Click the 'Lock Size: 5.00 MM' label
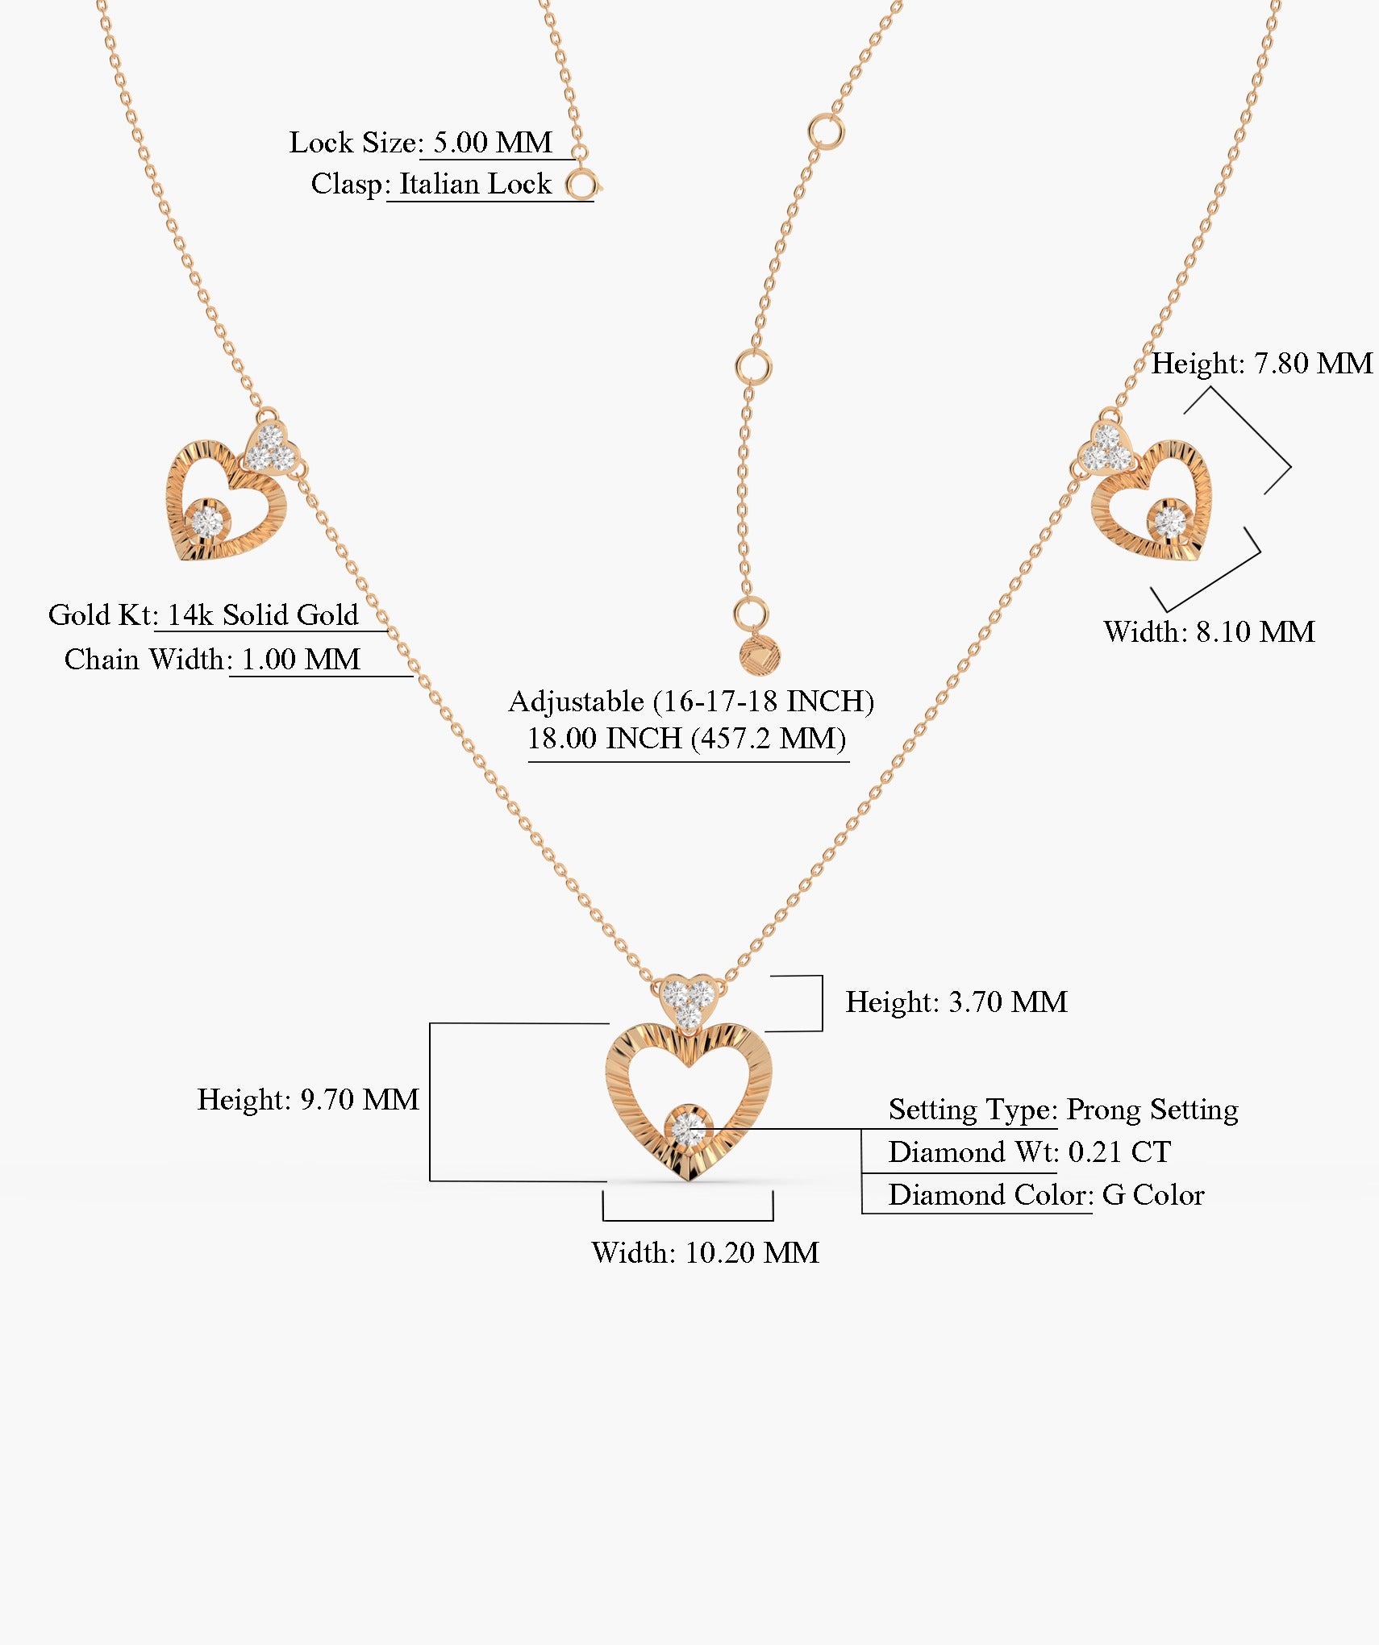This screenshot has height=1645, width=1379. [x=421, y=143]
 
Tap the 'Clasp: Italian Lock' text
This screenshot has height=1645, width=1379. [x=431, y=184]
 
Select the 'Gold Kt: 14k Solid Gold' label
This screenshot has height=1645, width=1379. [x=203, y=614]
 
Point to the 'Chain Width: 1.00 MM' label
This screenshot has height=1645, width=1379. [x=212, y=659]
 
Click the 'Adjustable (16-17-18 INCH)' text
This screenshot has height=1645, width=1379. [x=691, y=701]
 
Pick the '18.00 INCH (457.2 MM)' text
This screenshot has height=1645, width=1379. [x=686, y=738]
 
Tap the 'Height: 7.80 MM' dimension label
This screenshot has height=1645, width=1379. [x=1261, y=363]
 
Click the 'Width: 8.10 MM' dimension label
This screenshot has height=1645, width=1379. [x=1209, y=631]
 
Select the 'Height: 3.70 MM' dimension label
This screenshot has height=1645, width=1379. [x=956, y=1002]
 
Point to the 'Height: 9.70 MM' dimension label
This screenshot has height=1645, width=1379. [x=308, y=1099]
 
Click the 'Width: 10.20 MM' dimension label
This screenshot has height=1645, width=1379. [x=705, y=1252]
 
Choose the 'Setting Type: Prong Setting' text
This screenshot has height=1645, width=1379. [x=1063, y=1110]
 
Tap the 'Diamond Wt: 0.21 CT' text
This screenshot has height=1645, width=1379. [x=1029, y=1151]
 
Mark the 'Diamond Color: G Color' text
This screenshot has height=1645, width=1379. [x=1046, y=1194]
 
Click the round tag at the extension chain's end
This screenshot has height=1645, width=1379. [x=760, y=654]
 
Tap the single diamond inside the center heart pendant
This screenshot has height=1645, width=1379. [x=688, y=1128]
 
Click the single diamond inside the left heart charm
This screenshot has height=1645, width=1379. [x=206, y=520]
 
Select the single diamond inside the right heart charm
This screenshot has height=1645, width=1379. [x=1169, y=520]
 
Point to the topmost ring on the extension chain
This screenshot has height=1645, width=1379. [x=827, y=131]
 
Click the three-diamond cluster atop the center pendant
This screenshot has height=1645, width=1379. [x=688, y=1000]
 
